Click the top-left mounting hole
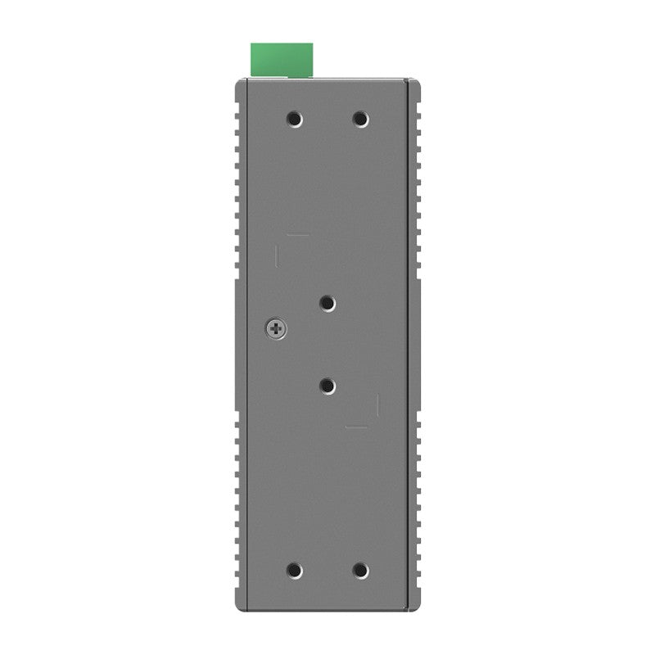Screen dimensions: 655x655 (x=295, y=120)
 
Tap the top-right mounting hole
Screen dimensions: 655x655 (x=360, y=120)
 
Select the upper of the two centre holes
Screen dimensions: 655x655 (x=327, y=304)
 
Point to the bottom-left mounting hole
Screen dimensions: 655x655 (x=295, y=570)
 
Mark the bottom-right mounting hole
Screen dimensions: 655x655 (x=360, y=570)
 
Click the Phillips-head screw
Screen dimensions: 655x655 (x=277, y=330)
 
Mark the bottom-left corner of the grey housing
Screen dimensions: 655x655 (x=237, y=611)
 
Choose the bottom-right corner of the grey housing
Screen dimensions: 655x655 (x=418, y=611)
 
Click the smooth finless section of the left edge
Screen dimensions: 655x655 (x=238, y=344)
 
